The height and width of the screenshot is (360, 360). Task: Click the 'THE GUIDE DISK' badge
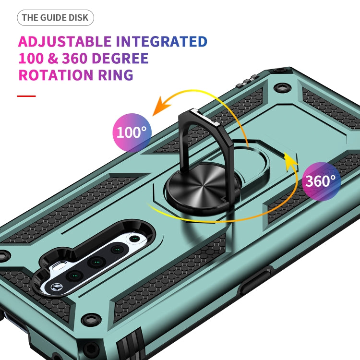click(x=56, y=18)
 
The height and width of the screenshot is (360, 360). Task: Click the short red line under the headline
click(x=26, y=96)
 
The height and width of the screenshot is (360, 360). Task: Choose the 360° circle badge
click(x=321, y=181)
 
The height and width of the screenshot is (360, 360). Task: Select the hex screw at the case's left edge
click(x=4, y=254)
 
